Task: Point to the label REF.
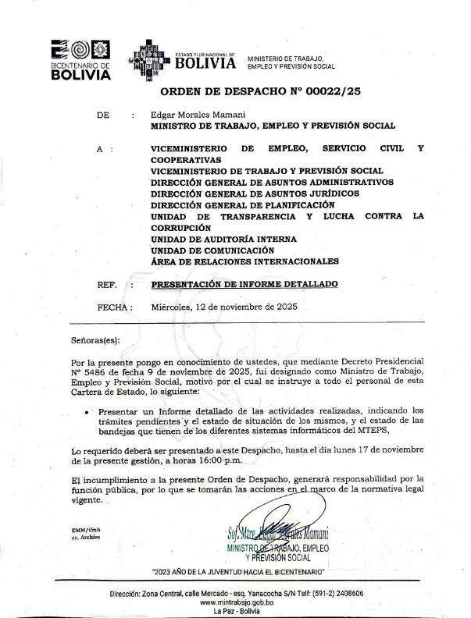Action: point(107,285)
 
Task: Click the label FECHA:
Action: point(115,307)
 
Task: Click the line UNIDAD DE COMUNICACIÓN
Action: point(212,250)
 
